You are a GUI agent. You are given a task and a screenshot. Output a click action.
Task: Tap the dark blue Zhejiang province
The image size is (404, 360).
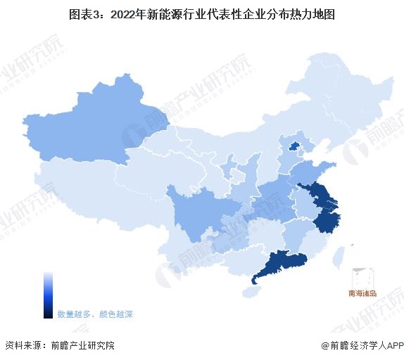point(324,219)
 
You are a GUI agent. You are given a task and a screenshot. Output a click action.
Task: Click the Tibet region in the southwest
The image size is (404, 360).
point(91,193)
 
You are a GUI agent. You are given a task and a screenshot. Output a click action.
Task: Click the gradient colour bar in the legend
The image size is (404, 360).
point(48,295)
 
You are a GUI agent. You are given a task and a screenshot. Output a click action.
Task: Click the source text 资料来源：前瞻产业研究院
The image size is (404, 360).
point(59,345)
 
